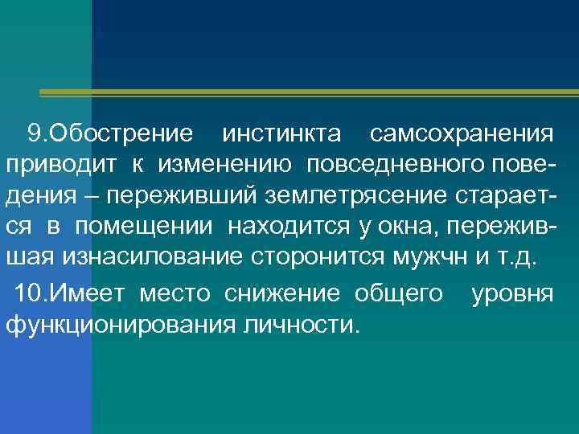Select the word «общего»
pyautogui.click(x=399, y=293)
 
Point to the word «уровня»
pyautogui.click(x=512, y=293)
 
